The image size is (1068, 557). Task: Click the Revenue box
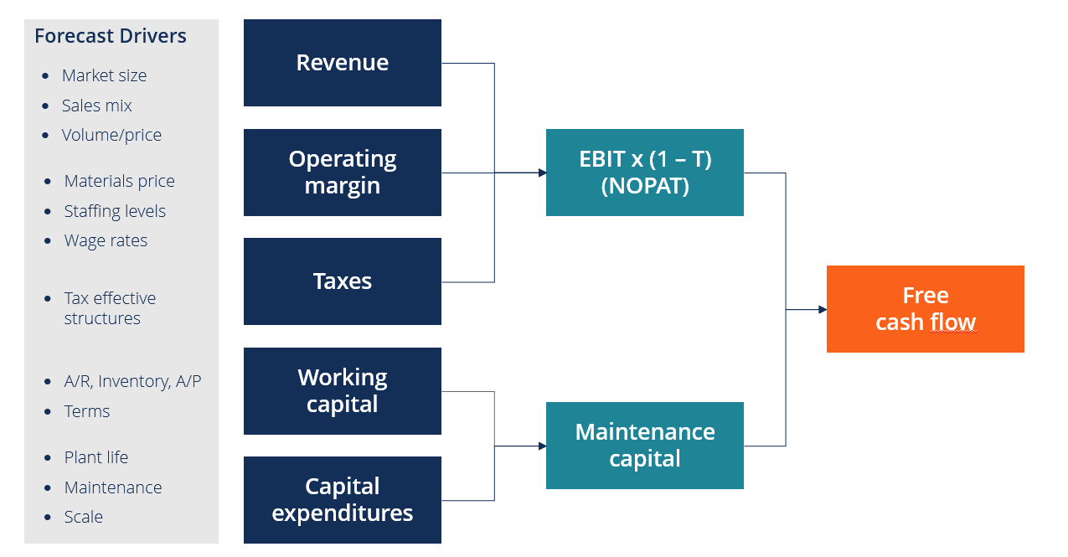342,63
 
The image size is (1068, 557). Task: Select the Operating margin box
342,173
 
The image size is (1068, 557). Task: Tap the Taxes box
342,281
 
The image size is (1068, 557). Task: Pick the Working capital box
342,391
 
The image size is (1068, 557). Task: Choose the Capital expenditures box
342,500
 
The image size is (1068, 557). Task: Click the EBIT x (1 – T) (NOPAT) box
644,173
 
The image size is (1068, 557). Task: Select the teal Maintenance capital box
644,446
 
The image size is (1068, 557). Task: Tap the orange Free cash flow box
925,309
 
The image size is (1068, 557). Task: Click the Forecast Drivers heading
111,36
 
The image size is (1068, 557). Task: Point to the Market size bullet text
104,75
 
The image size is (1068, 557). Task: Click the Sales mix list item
96,106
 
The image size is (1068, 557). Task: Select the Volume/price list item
111,135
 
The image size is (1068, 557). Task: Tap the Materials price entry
119,181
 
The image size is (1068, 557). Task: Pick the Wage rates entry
106,240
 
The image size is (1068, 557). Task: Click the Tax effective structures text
110,308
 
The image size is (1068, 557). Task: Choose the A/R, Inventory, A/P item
132,381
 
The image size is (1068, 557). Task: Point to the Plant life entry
95,457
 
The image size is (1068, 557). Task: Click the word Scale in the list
83,517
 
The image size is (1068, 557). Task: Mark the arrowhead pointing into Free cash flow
822,310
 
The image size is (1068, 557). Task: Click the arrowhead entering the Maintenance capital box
542,446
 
